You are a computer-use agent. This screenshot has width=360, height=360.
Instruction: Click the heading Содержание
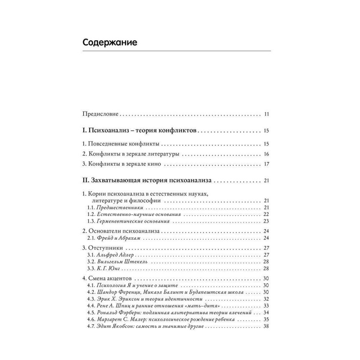[x=110, y=42]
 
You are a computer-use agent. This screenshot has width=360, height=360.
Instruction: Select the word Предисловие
[x=100, y=114]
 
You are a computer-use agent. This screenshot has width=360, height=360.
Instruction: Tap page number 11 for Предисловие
[x=267, y=114]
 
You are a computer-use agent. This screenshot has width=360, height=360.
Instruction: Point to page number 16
[x=267, y=154]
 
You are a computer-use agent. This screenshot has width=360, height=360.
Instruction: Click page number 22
[x=267, y=214]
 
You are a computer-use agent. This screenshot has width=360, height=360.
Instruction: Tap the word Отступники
[x=106, y=248]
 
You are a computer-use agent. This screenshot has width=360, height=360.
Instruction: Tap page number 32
[x=267, y=299]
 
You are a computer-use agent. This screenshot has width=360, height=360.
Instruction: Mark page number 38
[x=267, y=326]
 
